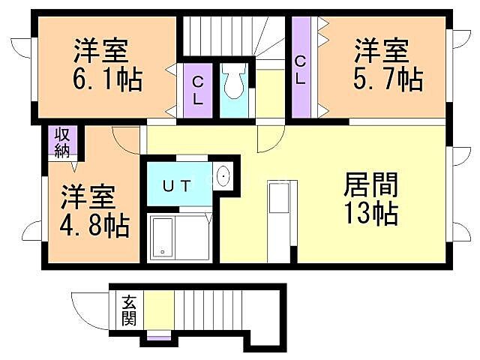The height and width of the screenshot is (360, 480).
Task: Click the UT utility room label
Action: (x=179, y=182)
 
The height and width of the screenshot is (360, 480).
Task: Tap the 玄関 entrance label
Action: (x=129, y=311)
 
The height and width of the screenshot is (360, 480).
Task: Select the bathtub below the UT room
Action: (x=179, y=237)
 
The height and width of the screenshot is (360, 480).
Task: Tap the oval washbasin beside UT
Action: (x=224, y=178)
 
